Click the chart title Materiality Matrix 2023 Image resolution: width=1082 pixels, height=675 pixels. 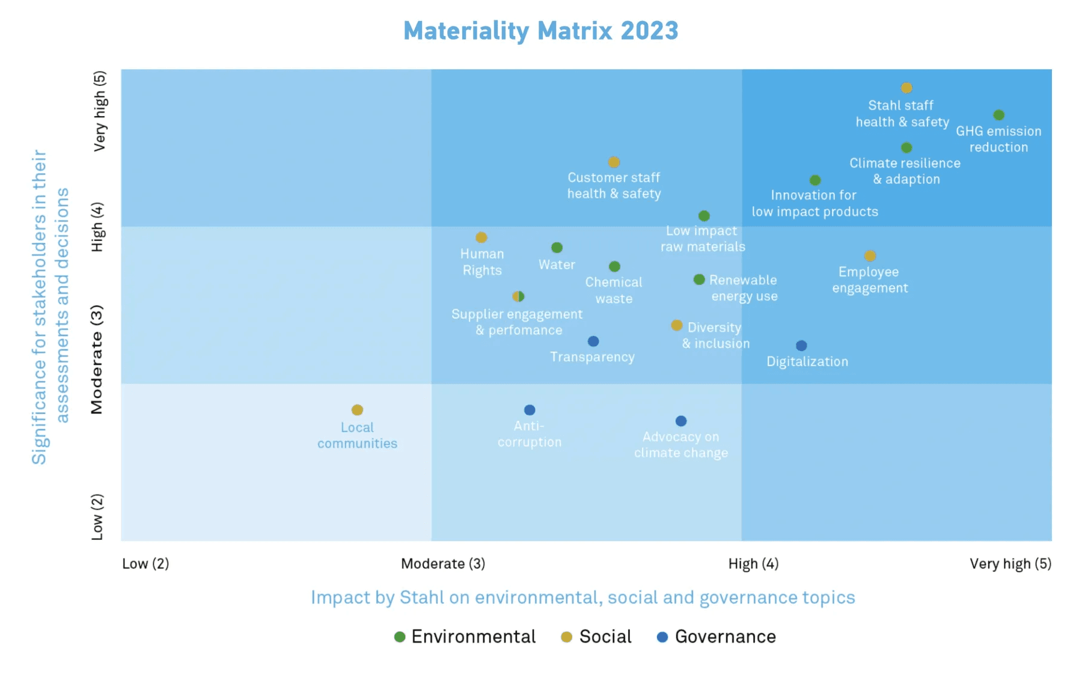click(x=540, y=31)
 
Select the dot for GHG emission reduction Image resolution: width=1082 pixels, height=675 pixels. click(x=998, y=115)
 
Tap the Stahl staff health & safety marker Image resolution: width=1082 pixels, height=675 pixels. click(x=906, y=88)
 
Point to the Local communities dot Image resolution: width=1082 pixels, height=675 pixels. click(x=357, y=410)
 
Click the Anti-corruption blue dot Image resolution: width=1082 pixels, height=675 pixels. click(x=529, y=410)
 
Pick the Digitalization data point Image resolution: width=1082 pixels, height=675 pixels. click(x=801, y=346)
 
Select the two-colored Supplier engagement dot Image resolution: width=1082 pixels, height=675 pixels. click(x=518, y=296)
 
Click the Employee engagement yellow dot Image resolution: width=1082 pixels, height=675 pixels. click(x=870, y=256)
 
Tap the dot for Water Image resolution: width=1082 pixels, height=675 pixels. click(x=557, y=248)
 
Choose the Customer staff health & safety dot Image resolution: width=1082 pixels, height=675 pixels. click(x=614, y=162)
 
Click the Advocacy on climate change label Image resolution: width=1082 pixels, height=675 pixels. click(x=680, y=445)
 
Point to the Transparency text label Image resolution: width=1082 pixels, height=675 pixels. click(x=592, y=357)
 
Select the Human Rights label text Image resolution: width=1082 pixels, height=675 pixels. click(x=482, y=262)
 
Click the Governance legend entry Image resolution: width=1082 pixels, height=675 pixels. click(x=717, y=637)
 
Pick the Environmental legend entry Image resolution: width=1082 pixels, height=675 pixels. click(x=465, y=637)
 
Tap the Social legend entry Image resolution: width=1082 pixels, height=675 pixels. click(x=596, y=637)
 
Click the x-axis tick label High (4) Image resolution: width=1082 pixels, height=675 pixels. click(x=753, y=564)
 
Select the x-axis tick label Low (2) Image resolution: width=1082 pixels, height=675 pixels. click(x=145, y=564)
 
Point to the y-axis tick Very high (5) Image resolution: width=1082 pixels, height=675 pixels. click(x=99, y=111)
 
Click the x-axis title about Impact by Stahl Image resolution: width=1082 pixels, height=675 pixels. click(x=582, y=597)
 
